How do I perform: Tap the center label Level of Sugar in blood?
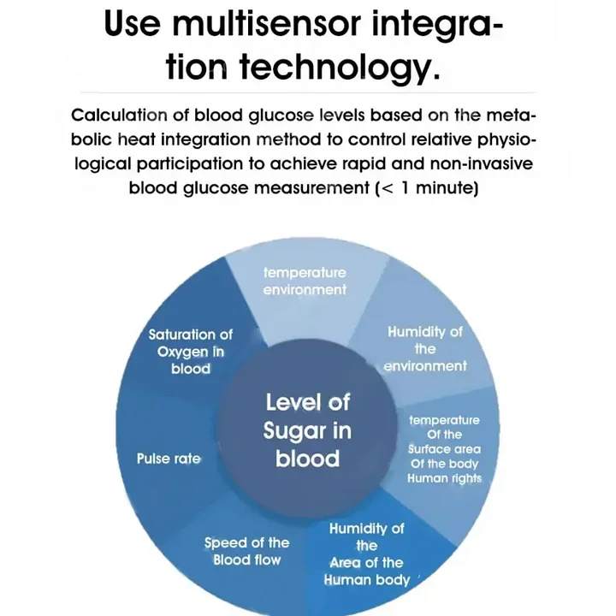tap(307, 429)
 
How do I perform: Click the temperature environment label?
tap(305, 281)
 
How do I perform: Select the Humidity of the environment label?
tap(425, 348)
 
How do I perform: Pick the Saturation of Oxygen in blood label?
tap(190, 351)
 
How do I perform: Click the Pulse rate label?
tap(169, 459)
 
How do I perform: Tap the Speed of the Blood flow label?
tap(246, 551)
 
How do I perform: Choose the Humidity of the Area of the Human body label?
tap(366, 554)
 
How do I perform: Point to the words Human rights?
tap(444, 478)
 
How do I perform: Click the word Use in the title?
tap(133, 24)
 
